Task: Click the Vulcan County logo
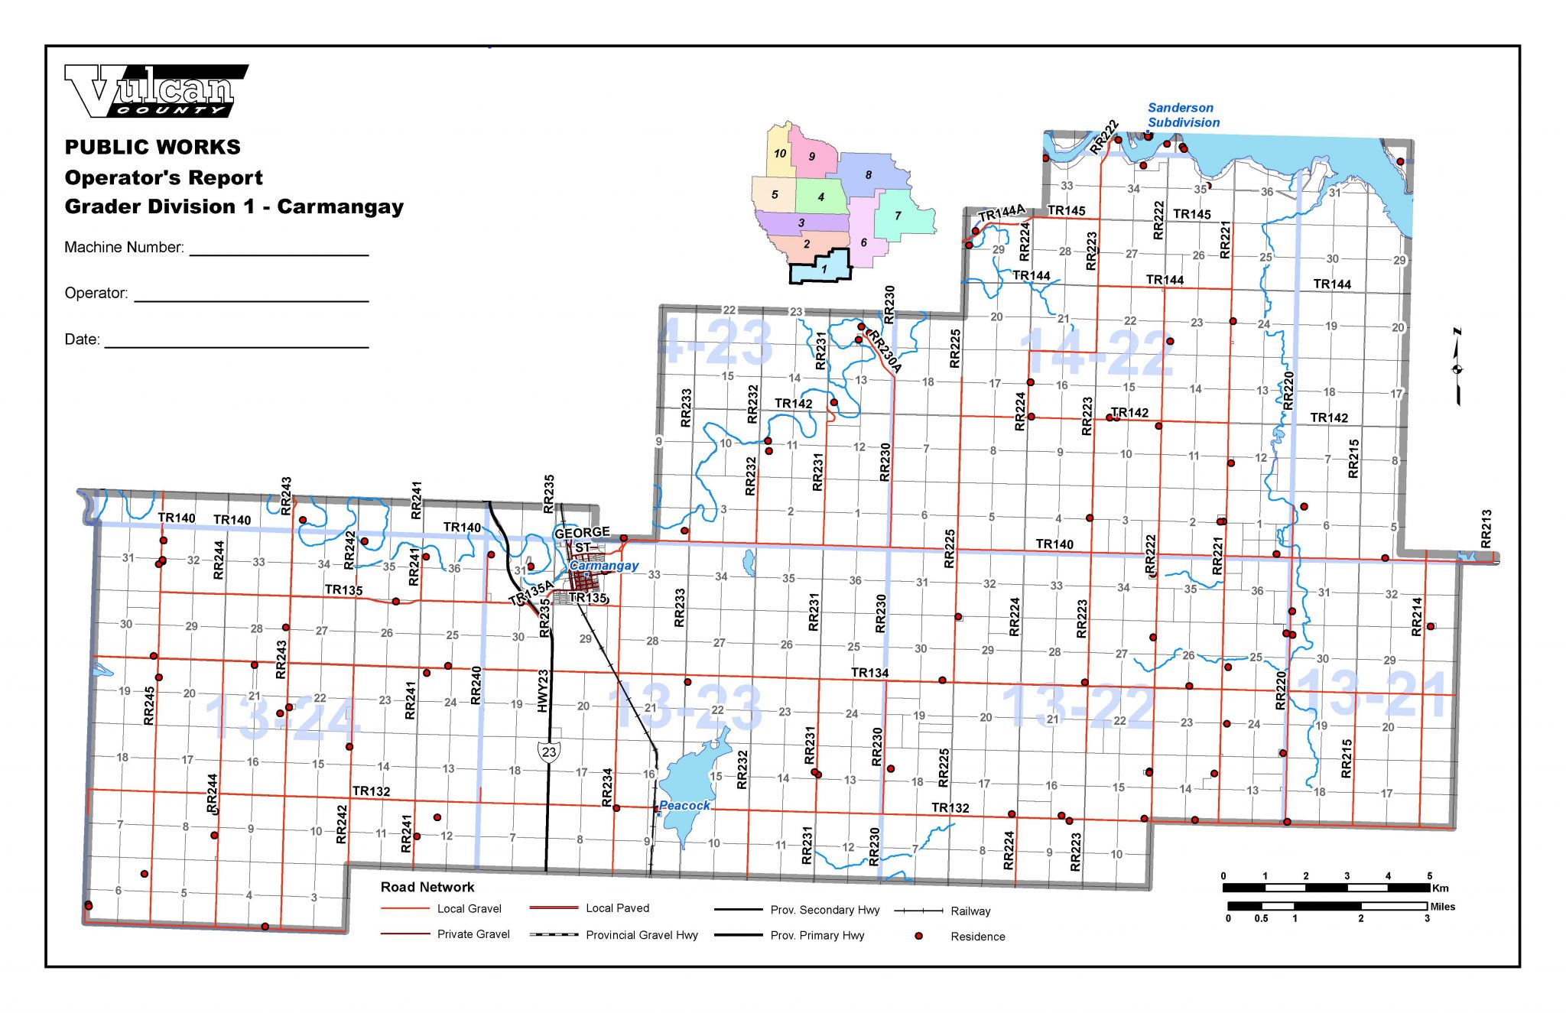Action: pos(156,91)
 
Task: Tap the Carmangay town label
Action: pos(604,566)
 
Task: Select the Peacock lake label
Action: pos(684,805)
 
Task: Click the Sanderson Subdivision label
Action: pos(1183,115)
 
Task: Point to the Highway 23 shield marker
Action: pos(548,752)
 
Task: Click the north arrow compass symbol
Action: pos(1457,368)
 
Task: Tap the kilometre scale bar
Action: pos(1326,888)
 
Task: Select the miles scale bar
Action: pos(1327,906)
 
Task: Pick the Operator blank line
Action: pos(252,300)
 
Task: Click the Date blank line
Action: pos(236,346)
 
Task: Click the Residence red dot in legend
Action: pos(919,936)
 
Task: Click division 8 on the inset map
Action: pos(869,175)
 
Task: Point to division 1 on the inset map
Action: pos(824,269)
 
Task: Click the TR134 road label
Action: pos(869,673)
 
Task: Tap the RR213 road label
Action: pos(1486,528)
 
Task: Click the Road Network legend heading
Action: pos(427,887)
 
